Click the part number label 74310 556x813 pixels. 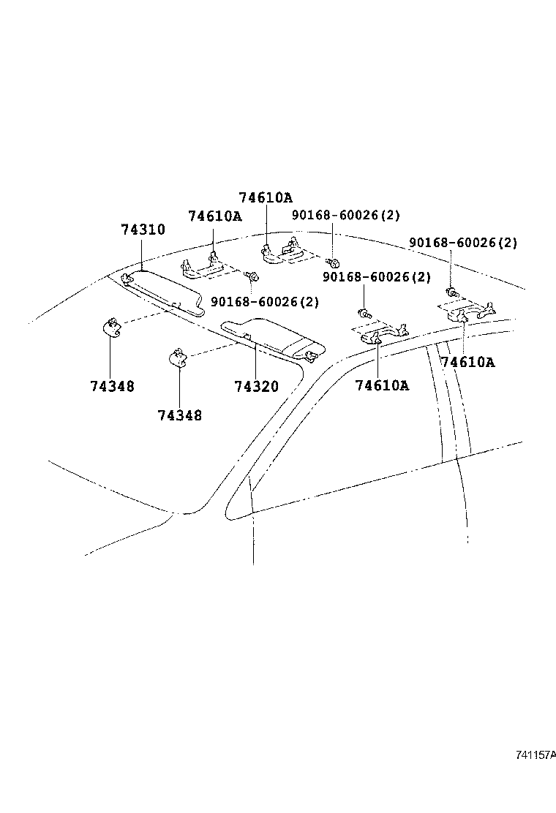[x=143, y=230]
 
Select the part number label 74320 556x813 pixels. [x=256, y=386]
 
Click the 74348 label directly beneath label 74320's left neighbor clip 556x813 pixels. [x=179, y=415]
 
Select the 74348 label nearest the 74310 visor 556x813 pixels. [x=112, y=386]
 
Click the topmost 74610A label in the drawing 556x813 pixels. [x=265, y=197]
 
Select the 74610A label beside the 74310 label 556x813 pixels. [x=214, y=216]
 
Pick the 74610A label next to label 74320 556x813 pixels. [x=382, y=385]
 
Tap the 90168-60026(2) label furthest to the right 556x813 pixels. [x=463, y=243]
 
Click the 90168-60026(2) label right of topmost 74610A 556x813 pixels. [x=346, y=215]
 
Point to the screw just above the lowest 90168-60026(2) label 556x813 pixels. [x=252, y=276]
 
